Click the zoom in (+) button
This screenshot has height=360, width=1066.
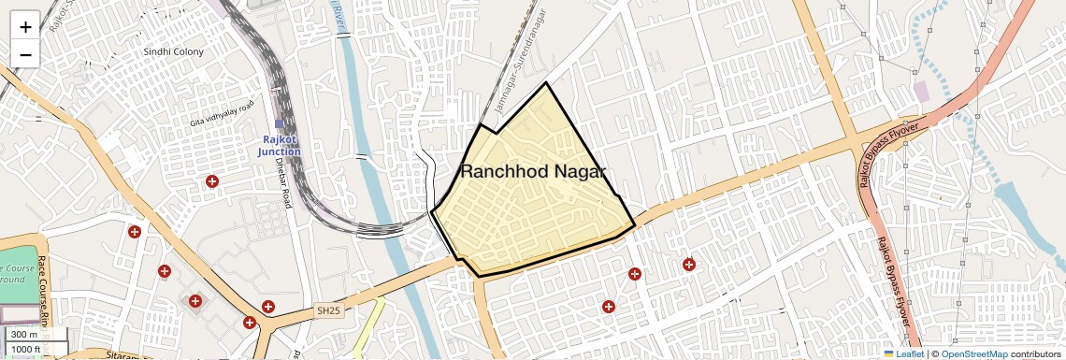(x=25, y=26)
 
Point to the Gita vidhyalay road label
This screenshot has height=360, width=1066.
(x=222, y=114)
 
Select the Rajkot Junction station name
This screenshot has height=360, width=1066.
(x=280, y=146)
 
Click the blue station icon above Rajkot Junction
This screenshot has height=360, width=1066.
(x=279, y=123)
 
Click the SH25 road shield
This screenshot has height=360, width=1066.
(x=328, y=310)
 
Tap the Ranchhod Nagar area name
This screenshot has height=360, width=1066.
(x=534, y=171)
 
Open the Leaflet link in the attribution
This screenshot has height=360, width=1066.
(x=903, y=353)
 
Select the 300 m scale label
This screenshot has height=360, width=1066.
(x=25, y=335)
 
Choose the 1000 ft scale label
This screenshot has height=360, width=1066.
(x=25, y=349)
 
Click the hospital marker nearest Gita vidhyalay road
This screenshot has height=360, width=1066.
(x=212, y=180)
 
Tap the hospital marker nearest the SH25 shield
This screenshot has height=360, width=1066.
(x=268, y=307)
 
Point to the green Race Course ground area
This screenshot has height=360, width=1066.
(x=19, y=281)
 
